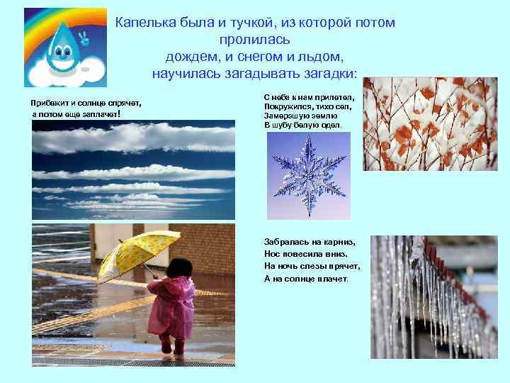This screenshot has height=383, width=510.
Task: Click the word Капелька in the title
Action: pyautogui.click(x=145, y=23)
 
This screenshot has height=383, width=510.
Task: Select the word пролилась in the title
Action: pyautogui.click(x=254, y=40)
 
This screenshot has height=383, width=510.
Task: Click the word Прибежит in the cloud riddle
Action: pyautogui.click(x=50, y=104)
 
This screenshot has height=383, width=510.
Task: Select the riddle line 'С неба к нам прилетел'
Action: pyautogui.click(x=309, y=95)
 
